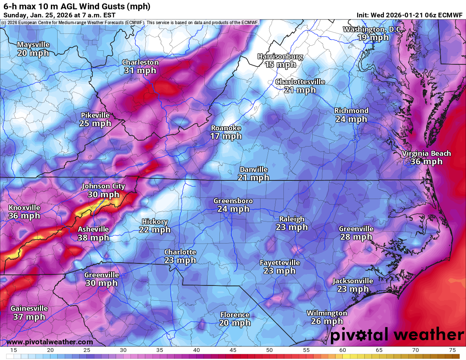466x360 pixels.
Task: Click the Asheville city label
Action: tap(93, 229)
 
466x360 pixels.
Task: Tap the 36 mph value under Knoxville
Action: tap(24, 216)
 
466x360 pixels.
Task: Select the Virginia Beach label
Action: tap(427, 153)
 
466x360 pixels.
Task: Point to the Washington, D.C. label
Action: tap(373, 29)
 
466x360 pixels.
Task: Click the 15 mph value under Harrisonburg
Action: tap(280, 64)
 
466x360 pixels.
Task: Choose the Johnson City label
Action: tap(103, 186)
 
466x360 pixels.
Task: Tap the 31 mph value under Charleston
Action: tap(140, 70)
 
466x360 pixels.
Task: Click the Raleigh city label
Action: tap(291, 219)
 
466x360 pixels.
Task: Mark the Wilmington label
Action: tap(327, 313)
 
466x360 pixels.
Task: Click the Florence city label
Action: tap(235, 315)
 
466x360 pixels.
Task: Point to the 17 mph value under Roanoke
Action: tap(226, 136)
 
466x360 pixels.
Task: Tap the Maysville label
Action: tap(33, 44)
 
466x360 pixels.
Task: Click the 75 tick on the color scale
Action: tap(452, 350)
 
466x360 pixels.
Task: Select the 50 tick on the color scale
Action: tap(269, 350)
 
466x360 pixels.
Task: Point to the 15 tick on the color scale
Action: tap(14, 350)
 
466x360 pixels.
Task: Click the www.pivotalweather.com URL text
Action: tap(50, 342)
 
